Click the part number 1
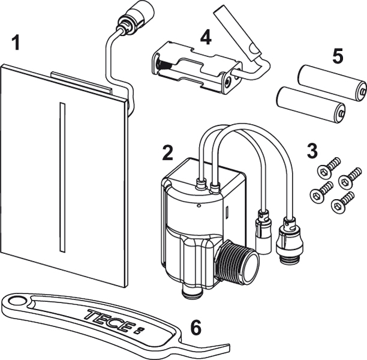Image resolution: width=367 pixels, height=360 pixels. [x=16, y=44]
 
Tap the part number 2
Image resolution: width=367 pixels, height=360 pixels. [x=167, y=152]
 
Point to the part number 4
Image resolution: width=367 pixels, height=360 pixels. [x=206, y=38]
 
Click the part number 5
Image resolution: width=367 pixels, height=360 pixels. [x=338, y=57]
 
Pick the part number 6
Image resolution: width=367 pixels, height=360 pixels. [x=195, y=328]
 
